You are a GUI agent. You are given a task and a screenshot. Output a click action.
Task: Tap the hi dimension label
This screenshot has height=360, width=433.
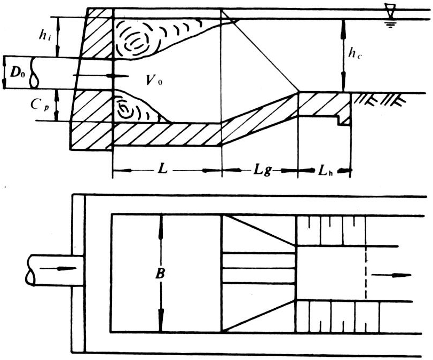(x=45, y=36)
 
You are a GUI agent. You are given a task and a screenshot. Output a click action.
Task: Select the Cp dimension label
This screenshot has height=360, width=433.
(x=40, y=105)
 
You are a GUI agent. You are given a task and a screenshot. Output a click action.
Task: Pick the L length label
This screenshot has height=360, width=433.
(x=162, y=169)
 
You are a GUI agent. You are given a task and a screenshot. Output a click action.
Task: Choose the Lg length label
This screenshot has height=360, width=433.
(x=262, y=171)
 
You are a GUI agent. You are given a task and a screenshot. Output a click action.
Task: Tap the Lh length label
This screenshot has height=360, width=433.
(x=326, y=171)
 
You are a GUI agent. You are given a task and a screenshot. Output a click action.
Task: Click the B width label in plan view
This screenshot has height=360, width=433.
(x=161, y=274)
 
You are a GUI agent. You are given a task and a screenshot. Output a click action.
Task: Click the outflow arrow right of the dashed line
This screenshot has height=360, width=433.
(x=391, y=275)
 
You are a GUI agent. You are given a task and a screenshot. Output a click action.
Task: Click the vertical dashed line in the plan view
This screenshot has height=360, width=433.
(x=366, y=271)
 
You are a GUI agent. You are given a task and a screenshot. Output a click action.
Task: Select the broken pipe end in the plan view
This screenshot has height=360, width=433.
(x=30, y=270)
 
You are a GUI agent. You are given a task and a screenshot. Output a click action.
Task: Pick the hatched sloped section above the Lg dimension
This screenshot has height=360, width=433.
(x=259, y=119)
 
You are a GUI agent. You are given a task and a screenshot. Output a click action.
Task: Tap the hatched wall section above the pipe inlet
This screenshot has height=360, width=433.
(x=97, y=33)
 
